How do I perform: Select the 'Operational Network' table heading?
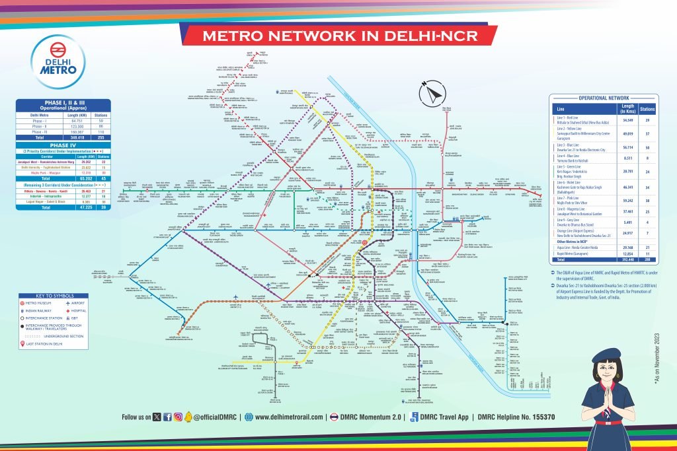604,98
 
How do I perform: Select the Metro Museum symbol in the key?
24,303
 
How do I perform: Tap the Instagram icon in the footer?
179,417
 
